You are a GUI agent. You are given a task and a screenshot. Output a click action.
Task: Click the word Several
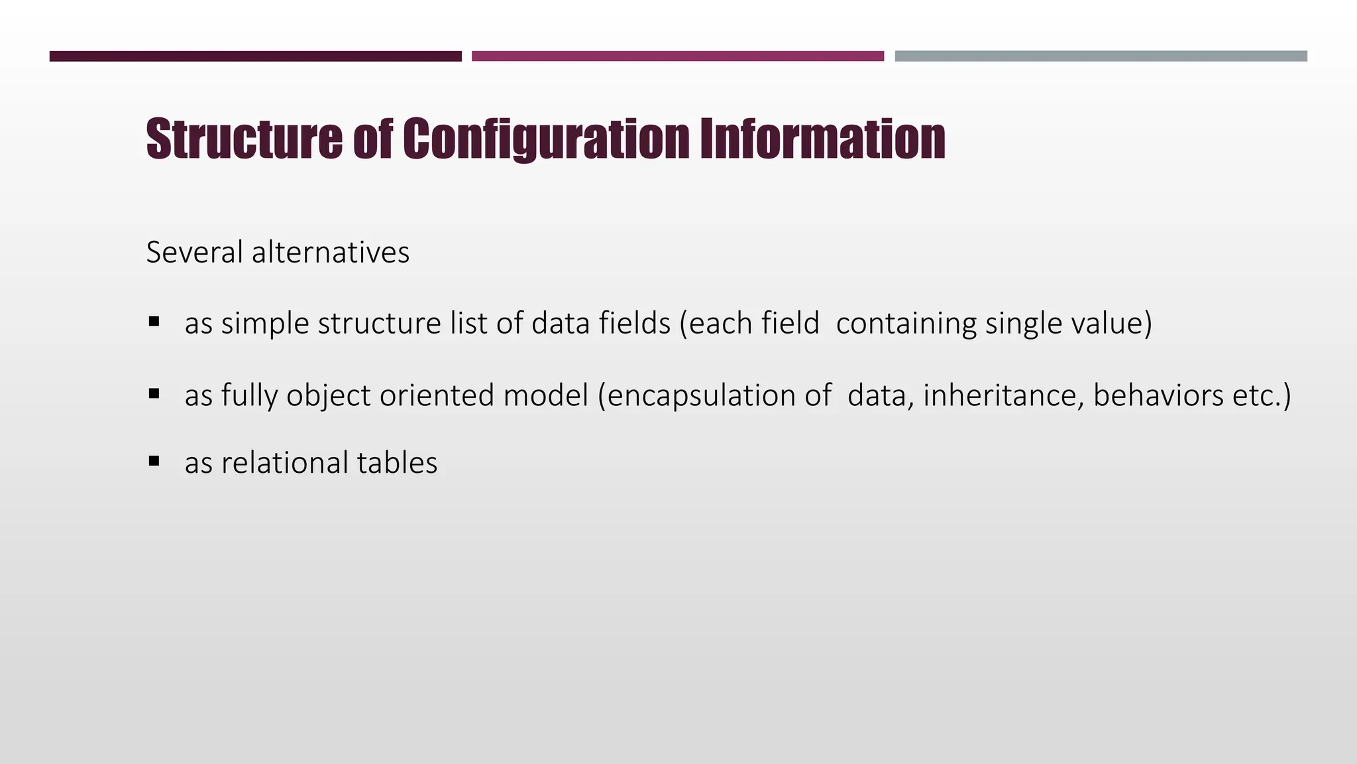(x=195, y=253)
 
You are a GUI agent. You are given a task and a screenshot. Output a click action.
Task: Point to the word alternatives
(x=331, y=253)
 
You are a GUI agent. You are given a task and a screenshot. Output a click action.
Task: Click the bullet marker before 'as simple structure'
(x=154, y=322)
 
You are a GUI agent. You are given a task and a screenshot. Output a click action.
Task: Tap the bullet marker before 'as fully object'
(x=154, y=394)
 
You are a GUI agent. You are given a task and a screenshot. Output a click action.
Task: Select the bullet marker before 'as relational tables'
(x=154, y=461)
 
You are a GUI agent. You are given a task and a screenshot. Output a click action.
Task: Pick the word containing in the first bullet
(x=906, y=324)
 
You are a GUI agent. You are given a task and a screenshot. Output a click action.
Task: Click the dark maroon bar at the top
(x=255, y=56)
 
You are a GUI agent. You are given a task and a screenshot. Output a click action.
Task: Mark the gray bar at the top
(x=1101, y=56)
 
